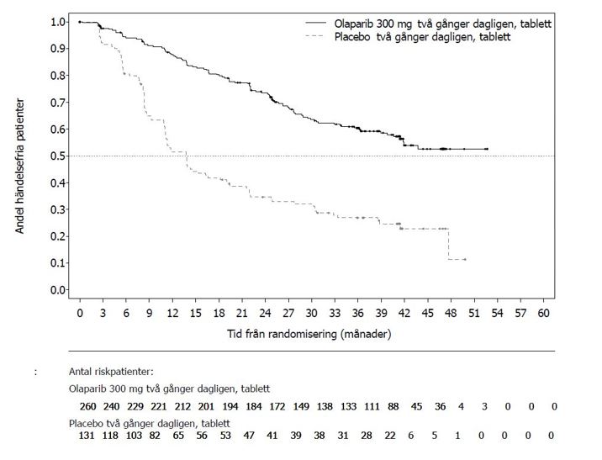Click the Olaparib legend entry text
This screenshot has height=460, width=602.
click(x=442, y=24)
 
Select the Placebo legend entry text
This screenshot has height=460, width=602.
click(x=422, y=37)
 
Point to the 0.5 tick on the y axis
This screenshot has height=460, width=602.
click(x=59, y=156)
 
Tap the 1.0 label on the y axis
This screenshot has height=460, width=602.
click(x=59, y=22)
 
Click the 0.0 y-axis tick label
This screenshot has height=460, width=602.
click(x=59, y=290)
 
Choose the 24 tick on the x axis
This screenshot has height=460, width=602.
click(x=266, y=314)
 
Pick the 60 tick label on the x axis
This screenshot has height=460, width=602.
click(x=543, y=314)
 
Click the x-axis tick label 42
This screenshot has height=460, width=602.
click(x=404, y=314)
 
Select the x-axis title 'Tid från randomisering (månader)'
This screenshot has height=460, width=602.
click(x=309, y=334)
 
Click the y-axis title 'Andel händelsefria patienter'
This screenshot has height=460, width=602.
click(x=19, y=166)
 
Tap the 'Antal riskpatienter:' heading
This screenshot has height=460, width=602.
click(x=111, y=372)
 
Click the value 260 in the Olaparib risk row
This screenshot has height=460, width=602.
click(x=88, y=407)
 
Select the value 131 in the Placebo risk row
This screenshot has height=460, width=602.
click(x=87, y=436)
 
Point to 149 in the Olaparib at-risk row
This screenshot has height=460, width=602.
click(x=301, y=407)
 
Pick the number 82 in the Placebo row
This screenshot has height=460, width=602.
click(x=155, y=436)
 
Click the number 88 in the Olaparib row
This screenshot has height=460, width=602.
click(x=393, y=407)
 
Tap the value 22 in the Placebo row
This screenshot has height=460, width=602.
click(x=389, y=436)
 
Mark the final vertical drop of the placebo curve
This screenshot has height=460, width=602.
click(x=448, y=244)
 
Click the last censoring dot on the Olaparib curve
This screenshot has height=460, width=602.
click(x=487, y=149)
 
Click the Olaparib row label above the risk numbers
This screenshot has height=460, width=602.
click(x=169, y=389)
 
